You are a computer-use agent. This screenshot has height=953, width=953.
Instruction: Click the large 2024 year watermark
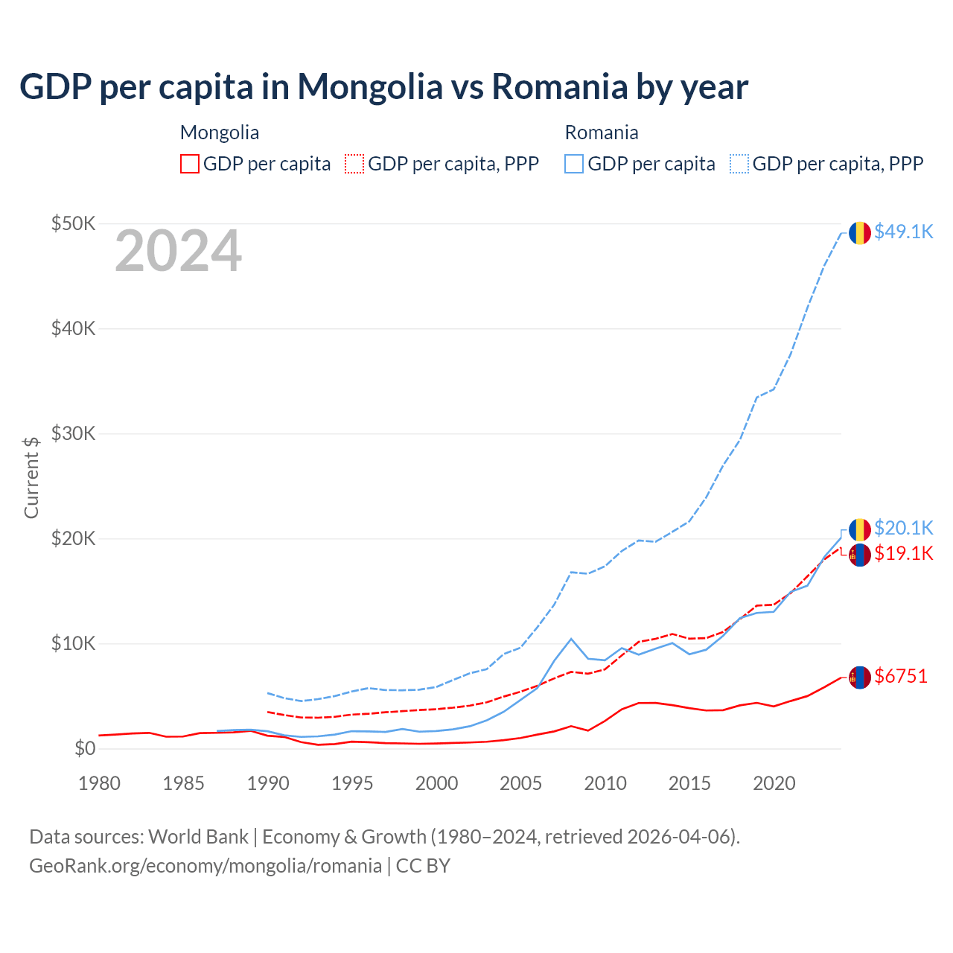coord(178,252)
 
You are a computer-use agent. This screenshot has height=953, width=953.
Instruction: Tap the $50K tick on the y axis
coord(73,223)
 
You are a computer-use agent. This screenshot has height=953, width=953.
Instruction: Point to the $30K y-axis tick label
coord(73,433)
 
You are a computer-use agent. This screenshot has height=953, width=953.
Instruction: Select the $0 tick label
coord(85,748)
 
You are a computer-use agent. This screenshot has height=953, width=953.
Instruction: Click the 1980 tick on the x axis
coord(99,783)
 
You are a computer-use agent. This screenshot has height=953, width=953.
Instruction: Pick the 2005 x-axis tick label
coord(520,783)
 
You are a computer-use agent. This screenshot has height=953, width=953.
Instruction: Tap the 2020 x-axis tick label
coord(774,783)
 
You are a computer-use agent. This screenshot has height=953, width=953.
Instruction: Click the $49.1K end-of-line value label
coord(903,232)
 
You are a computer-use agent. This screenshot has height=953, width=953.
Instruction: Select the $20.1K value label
coord(903,528)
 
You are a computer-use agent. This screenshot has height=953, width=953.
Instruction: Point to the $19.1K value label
coord(903,553)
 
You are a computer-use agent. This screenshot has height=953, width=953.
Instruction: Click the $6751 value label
coord(901,676)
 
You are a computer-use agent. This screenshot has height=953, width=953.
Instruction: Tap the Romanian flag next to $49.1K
coord(860,232)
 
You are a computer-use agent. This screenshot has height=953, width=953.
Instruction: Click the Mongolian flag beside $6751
coord(860,677)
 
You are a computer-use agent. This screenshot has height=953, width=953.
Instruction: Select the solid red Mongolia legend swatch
coord(190,164)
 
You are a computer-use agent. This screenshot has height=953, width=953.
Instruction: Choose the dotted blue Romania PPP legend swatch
coord(739,164)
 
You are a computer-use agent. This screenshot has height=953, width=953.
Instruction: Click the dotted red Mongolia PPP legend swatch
coord(354,164)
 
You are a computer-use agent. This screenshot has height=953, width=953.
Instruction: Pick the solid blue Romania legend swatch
coord(574,164)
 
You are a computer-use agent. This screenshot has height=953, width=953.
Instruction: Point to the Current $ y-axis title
coord(31,477)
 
